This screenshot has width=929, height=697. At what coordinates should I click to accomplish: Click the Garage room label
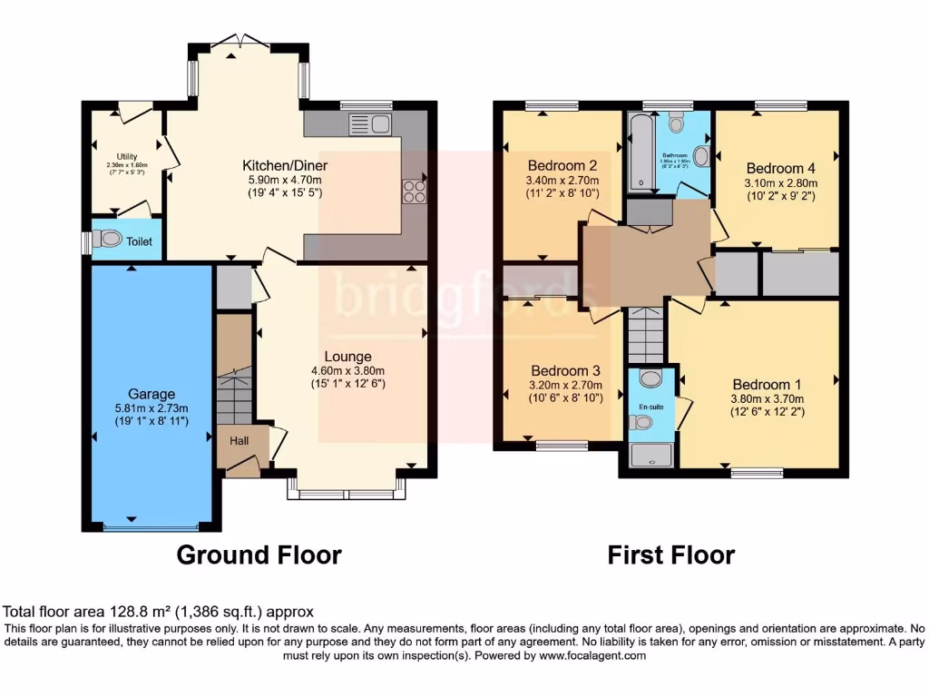click(x=151, y=394)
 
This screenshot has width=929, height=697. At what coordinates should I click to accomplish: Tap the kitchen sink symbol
click(x=369, y=124)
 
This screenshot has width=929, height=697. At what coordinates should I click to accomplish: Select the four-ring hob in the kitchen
click(x=415, y=191)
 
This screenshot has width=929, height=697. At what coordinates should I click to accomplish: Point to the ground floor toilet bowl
click(x=110, y=240)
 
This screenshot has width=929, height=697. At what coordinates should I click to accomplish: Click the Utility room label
click(x=126, y=156)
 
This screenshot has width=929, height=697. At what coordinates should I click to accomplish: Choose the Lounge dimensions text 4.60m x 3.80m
click(x=349, y=370)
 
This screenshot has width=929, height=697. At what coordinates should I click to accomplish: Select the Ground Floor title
click(x=259, y=555)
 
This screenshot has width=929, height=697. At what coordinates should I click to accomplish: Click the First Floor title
click(x=670, y=555)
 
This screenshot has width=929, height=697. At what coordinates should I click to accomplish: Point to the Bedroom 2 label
click(x=562, y=165)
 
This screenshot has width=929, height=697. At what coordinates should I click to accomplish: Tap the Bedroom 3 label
click(x=565, y=370)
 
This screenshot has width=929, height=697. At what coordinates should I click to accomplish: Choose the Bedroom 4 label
click(x=775, y=168)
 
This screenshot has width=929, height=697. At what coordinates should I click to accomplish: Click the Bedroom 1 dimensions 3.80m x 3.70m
click(x=768, y=398)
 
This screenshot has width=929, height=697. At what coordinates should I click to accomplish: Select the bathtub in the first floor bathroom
click(x=640, y=153)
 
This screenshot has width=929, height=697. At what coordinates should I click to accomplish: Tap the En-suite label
click(x=650, y=407)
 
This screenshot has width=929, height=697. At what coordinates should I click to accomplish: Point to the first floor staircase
click(x=645, y=334)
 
